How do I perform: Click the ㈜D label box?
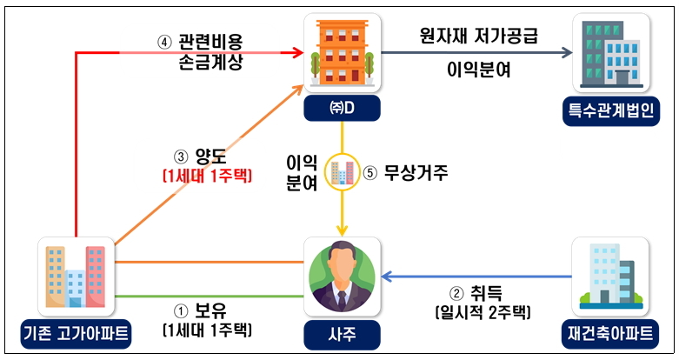(342, 109)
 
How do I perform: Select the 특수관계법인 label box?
(611, 111)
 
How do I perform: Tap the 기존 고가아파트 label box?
(76, 334)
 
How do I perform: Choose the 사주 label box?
(342, 335)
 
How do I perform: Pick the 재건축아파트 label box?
(610, 334)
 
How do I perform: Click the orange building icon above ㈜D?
(342, 53)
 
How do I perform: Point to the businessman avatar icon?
(342, 277)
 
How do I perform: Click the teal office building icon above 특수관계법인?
(611, 53)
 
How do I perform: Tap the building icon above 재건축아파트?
(610, 277)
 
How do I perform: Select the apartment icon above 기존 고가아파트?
(76, 277)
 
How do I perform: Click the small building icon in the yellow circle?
(342, 172)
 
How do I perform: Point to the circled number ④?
(164, 43)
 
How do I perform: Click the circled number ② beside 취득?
(456, 294)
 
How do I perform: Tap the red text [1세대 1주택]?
(207, 176)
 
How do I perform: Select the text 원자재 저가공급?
(478, 36)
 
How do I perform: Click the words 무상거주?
(416, 173)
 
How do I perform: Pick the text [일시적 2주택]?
(483, 312)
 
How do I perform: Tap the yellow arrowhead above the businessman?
(342, 230)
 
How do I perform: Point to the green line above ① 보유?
(210, 297)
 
